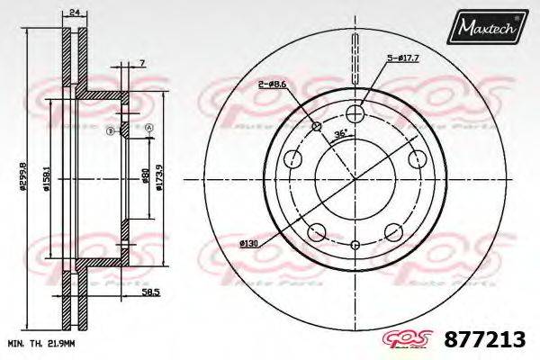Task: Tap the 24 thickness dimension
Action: pyautogui.click(x=73, y=12)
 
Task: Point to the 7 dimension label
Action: pyautogui.click(x=142, y=62)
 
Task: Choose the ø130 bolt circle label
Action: pyautogui.click(x=249, y=243)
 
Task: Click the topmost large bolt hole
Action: pyautogui.click(x=355, y=112)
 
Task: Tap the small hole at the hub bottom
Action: pyautogui.click(x=355, y=244)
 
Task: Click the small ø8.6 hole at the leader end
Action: pyautogui.click(x=316, y=125)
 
